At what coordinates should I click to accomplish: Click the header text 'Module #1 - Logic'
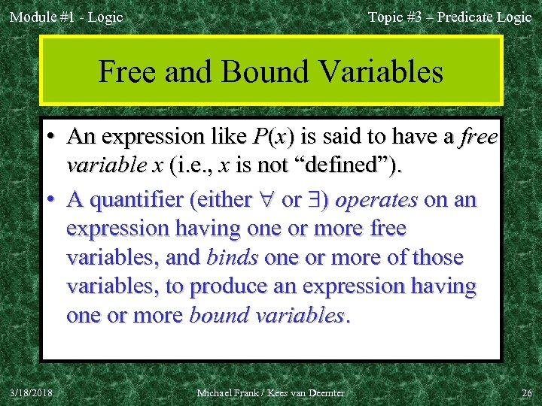(x=65, y=17)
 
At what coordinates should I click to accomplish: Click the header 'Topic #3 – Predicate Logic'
(x=449, y=17)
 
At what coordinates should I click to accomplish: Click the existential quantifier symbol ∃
(x=315, y=200)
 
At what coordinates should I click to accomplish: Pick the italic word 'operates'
(x=376, y=199)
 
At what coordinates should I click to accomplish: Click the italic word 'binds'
(x=233, y=257)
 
